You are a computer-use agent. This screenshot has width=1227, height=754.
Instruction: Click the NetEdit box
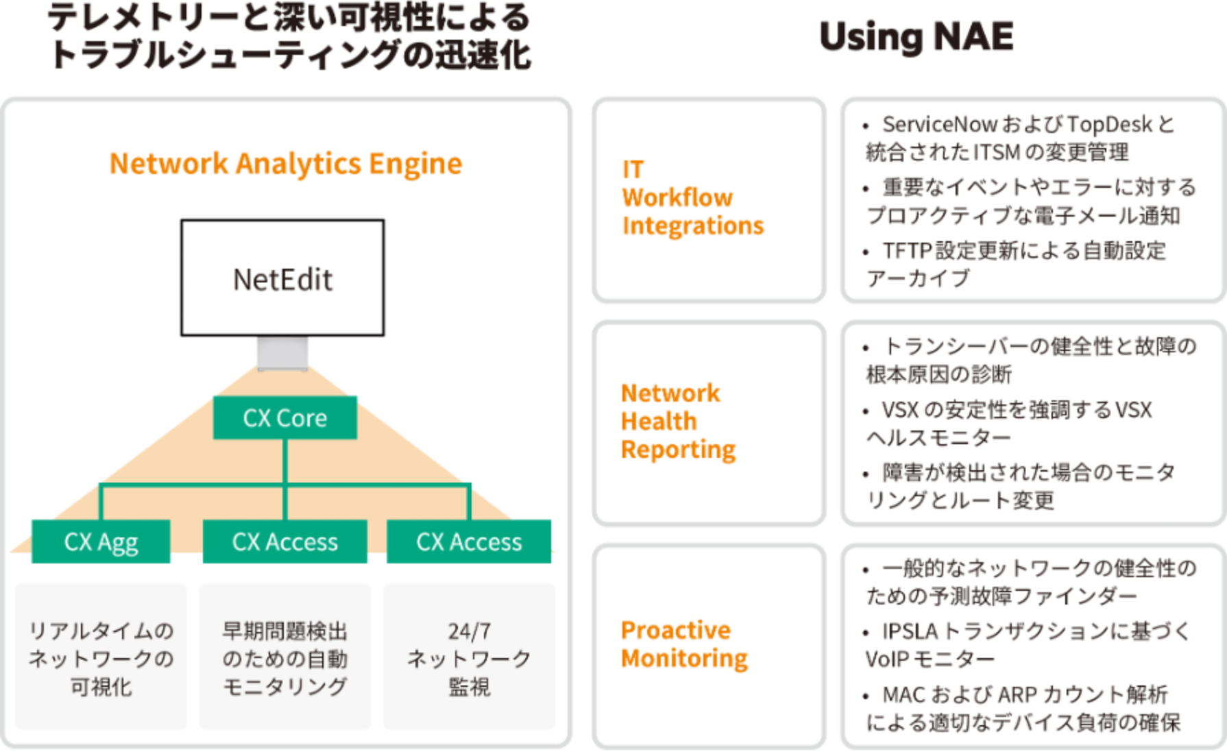(282, 278)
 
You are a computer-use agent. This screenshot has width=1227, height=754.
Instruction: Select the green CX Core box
(284, 417)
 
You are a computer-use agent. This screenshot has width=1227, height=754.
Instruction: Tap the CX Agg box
(101, 542)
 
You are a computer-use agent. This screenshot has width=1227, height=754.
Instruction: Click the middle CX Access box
(284, 542)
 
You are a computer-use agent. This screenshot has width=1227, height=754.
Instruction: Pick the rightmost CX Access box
(469, 542)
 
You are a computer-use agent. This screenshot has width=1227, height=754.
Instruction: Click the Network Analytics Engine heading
(286, 163)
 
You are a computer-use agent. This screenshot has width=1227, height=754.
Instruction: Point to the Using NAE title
(916, 36)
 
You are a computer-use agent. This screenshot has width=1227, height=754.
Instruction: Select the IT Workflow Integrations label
(692, 197)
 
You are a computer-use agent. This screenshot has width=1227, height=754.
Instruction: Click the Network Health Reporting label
(677, 421)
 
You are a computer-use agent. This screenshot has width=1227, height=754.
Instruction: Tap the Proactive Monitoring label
(683, 644)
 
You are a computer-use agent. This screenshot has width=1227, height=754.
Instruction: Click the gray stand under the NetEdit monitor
(282, 353)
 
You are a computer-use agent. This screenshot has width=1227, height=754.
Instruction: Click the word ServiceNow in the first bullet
(939, 124)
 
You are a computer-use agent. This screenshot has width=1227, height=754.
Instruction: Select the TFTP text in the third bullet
(907, 250)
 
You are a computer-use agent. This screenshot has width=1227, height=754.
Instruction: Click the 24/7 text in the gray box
(469, 631)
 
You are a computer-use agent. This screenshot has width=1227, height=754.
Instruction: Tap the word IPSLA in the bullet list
(909, 631)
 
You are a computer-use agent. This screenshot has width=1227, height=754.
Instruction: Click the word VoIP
(886, 659)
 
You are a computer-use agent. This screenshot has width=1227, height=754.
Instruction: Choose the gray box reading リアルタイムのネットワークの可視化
(101, 657)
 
